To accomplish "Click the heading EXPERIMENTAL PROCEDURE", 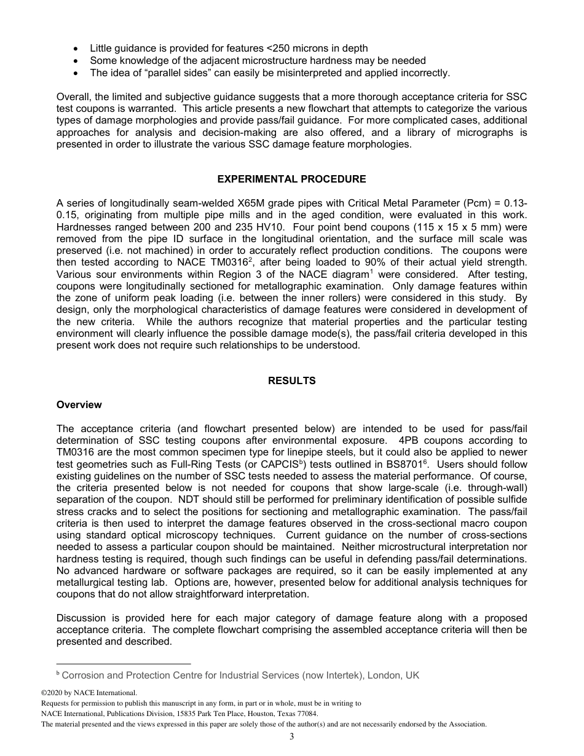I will pyautogui.click(x=291, y=179).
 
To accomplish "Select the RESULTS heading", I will pyautogui.click(x=291, y=380).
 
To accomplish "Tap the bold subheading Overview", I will pyautogui.click(x=79, y=404).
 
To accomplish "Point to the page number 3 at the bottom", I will pyautogui.click(x=291, y=737).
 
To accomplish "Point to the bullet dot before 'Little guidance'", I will pyautogui.click(x=75, y=48).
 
